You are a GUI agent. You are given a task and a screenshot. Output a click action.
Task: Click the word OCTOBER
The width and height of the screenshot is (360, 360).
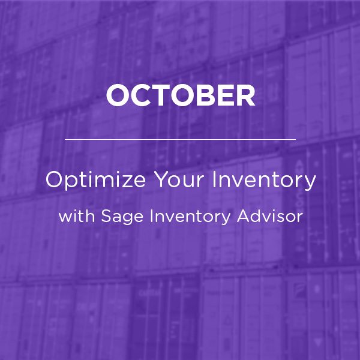click(181, 95)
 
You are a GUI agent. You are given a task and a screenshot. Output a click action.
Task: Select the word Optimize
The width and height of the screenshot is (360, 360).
click(95, 181)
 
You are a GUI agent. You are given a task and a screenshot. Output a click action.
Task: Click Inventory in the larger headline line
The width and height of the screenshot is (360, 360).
click(264, 181)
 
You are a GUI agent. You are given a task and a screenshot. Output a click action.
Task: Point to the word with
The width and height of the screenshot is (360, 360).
click(77, 216)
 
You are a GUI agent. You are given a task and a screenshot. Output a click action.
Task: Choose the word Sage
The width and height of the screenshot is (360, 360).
click(122, 217)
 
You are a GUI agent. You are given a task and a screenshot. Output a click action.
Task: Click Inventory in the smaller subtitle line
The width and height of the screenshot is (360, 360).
click(190, 217)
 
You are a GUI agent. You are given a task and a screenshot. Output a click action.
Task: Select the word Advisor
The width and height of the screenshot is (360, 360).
click(270, 216)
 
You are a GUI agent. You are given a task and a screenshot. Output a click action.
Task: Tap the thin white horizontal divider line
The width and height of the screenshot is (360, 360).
click(180, 139)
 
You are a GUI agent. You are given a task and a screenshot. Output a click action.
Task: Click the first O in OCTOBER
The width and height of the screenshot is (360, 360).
click(118, 95)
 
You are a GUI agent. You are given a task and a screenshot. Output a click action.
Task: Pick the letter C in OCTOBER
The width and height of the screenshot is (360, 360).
click(142, 95)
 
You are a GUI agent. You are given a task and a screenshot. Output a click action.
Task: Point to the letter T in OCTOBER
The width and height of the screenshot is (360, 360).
click(163, 95)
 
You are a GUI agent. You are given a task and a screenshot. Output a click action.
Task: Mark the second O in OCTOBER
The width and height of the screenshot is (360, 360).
click(184, 95)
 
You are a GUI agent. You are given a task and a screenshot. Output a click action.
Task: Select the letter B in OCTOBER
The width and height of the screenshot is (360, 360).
click(207, 95)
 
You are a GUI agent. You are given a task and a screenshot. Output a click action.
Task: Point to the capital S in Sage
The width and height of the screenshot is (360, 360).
click(106, 216)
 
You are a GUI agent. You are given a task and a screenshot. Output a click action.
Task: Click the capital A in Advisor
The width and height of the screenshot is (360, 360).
click(244, 216)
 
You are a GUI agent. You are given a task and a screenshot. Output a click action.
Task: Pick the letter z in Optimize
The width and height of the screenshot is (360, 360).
click(126, 182)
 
